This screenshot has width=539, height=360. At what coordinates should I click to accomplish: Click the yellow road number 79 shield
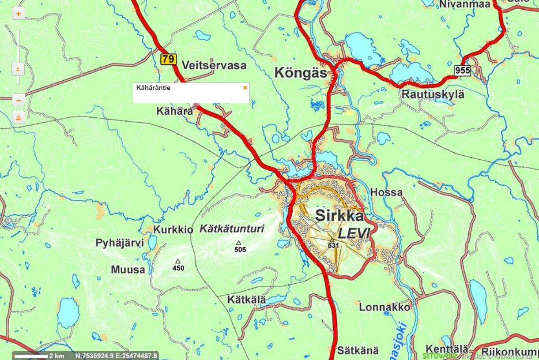pyautogui.click(x=168, y=59)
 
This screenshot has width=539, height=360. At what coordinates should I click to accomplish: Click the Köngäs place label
pyautogui.click(x=301, y=72)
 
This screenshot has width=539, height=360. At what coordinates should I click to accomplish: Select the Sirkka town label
pyautogui.click(x=340, y=216)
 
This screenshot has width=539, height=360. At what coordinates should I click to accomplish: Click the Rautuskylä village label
pyautogui.click(x=433, y=94)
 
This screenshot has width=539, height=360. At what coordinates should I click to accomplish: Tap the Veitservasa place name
pyautogui.click(x=214, y=65)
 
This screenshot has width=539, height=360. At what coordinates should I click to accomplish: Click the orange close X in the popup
pyautogui.click(x=245, y=87)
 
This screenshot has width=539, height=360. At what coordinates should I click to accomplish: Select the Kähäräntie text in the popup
pyautogui.click(x=153, y=88)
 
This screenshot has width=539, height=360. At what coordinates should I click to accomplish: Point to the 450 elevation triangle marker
pyautogui.click(x=178, y=261)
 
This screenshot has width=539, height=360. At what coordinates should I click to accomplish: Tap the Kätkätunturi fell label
pyautogui.click(x=232, y=229)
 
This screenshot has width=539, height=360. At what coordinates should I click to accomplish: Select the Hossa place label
pyautogui.click(x=386, y=192)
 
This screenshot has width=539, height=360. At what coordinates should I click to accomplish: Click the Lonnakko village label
pyautogui.click(x=384, y=307)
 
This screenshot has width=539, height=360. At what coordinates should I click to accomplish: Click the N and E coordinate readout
pyautogui.click(x=116, y=356)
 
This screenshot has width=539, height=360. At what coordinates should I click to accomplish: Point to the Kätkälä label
pyautogui.click(x=246, y=300)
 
